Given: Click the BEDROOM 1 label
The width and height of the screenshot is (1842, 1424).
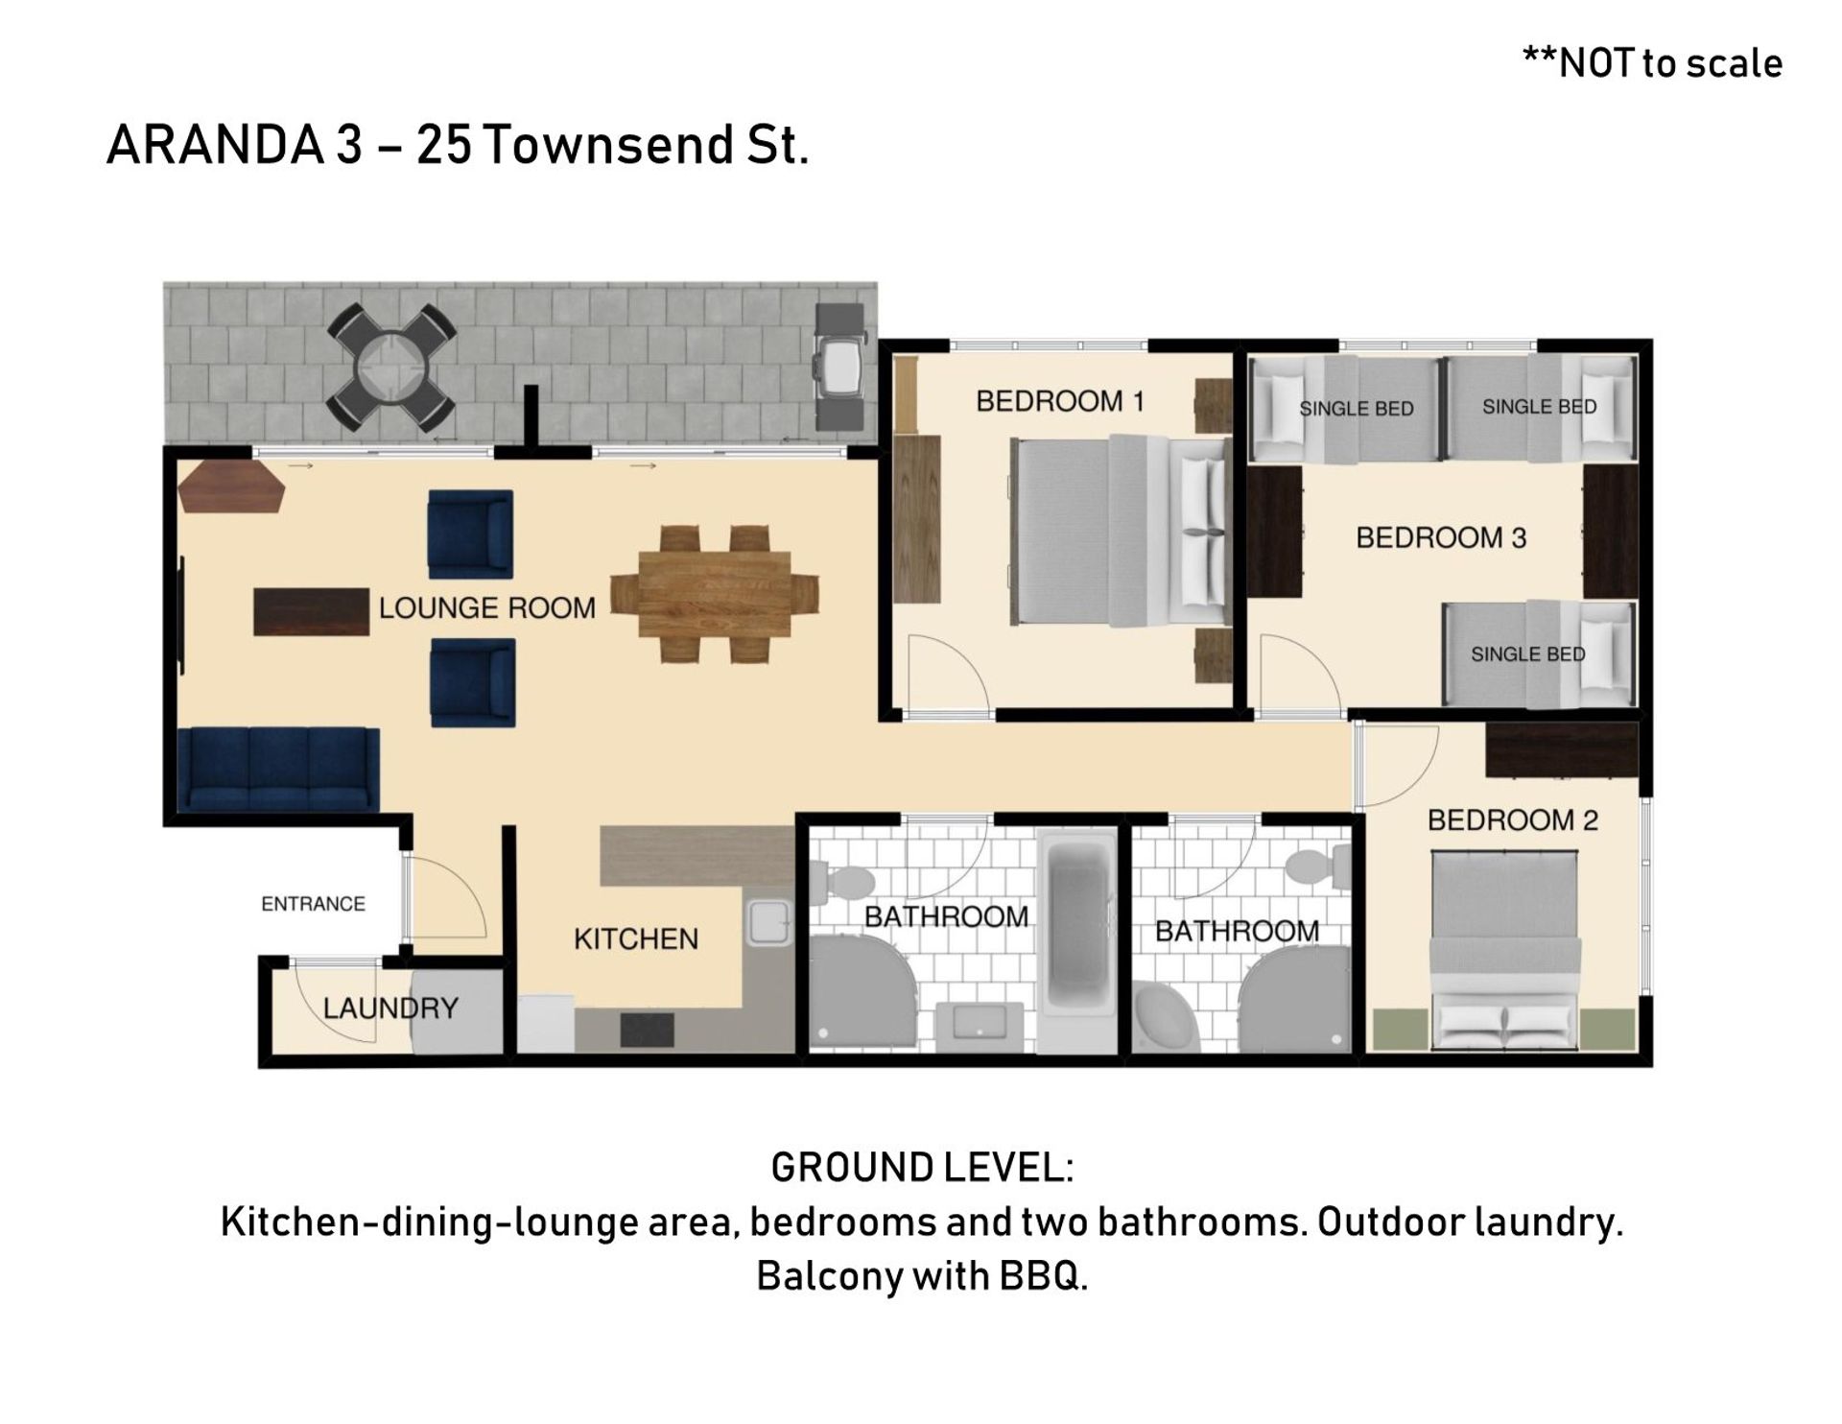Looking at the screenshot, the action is (x=1060, y=401).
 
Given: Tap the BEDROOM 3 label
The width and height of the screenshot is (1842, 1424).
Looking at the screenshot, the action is (x=1441, y=537).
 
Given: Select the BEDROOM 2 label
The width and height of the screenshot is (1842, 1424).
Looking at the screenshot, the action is (x=1513, y=820).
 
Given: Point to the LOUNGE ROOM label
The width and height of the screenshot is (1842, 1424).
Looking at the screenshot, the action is (x=487, y=607).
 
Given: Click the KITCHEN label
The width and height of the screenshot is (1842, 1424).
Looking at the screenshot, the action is (x=636, y=938).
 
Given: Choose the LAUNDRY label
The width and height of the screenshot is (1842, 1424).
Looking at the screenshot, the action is (x=390, y=1008).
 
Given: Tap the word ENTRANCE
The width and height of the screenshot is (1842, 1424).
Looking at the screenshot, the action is (x=314, y=904).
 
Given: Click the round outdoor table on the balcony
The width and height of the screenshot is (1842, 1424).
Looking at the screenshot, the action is (x=391, y=369).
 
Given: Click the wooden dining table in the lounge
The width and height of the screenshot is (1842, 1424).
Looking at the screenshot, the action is (x=715, y=595).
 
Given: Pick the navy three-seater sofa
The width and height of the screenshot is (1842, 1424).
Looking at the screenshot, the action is (x=279, y=770).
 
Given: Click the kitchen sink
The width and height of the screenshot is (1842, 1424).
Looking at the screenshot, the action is (x=767, y=923).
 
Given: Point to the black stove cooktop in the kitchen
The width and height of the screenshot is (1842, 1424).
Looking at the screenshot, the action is (x=647, y=1030).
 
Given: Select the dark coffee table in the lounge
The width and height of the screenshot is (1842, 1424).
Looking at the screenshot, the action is (x=311, y=612).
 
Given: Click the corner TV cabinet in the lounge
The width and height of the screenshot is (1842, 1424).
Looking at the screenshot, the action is (x=232, y=487).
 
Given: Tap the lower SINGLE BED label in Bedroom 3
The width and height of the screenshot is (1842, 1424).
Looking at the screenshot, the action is (x=1527, y=654).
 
